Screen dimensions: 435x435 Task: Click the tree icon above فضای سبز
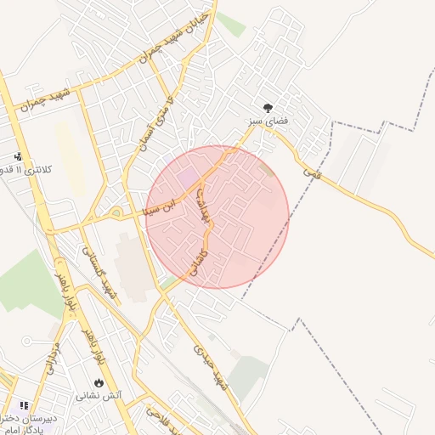(x=268, y=108)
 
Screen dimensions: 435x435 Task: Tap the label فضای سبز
(x=268, y=122)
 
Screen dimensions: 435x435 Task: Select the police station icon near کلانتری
(x=18, y=156)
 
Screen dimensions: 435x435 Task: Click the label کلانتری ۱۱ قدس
(x=25, y=170)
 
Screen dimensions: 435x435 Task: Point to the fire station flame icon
(x=99, y=382)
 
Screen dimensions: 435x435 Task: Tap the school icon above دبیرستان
(x=24, y=406)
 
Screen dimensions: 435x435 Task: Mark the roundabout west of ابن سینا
(x=116, y=213)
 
